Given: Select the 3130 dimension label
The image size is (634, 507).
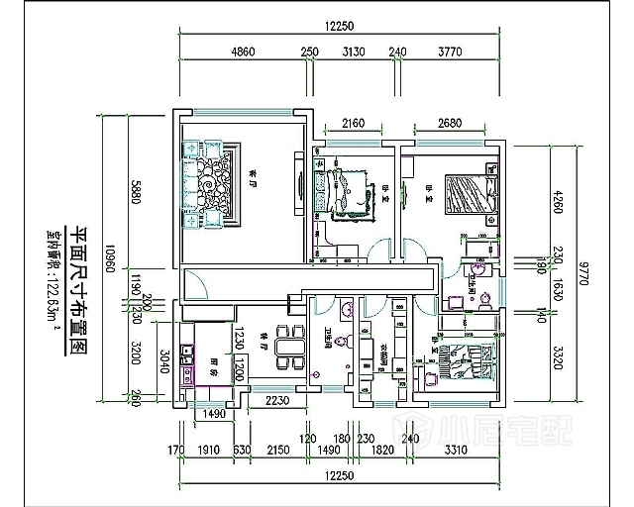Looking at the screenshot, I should (x=354, y=52).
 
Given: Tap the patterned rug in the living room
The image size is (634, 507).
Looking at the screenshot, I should (x=210, y=185).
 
